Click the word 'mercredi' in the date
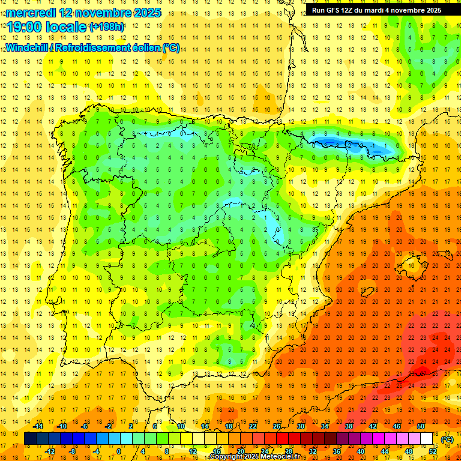pyautogui.click(x=31, y=13)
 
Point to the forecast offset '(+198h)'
pyautogui.click(x=106, y=27)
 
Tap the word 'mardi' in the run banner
pyautogui.click(x=375, y=10)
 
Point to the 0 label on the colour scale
pyautogui.click(x=119, y=451)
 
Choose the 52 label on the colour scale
pyautogui.click(x=433, y=451)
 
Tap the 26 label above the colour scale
pyautogui.click(x=276, y=426)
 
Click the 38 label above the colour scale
pyautogui.click(x=348, y=426)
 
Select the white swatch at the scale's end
pyautogui.click(x=427, y=439)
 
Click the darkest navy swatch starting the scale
pyautogui.click(x=30, y=439)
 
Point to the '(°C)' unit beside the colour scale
pyautogui.click(x=447, y=439)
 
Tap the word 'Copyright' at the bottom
pyautogui.click(x=226, y=457)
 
